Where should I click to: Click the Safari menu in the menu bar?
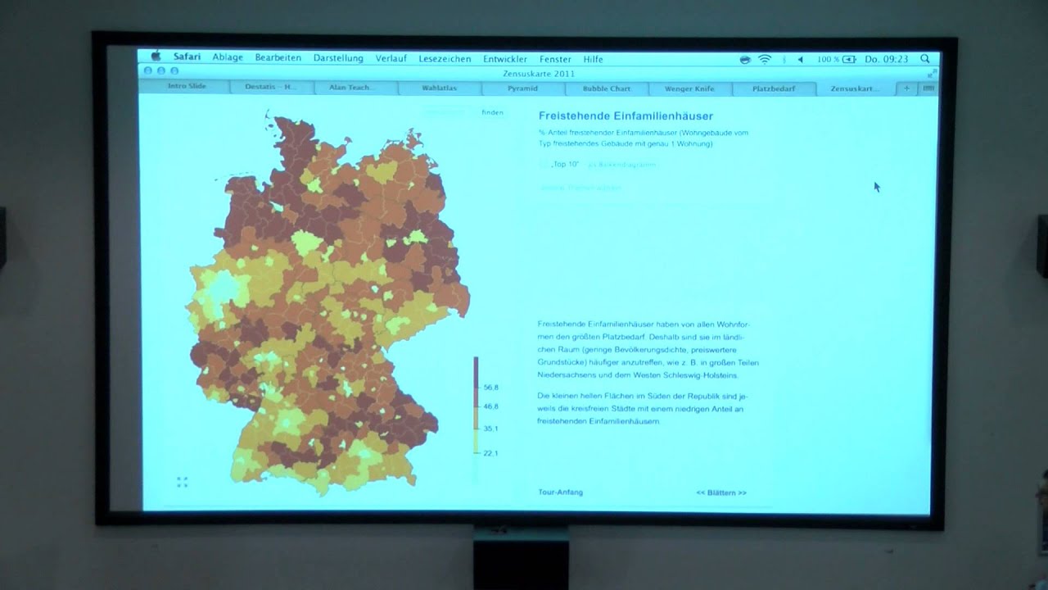coord(187,58)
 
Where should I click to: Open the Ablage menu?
coord(228,58)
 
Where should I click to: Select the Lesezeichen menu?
coord(445,59)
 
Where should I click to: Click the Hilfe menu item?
coord(593,59)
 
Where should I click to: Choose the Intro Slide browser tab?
coord(187,87)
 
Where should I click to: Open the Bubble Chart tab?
coord(607,88)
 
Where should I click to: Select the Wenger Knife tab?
coord(689,88)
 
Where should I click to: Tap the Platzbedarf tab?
coord(773,88)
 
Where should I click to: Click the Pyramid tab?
coord(522,88)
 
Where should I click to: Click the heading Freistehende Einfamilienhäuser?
coord(626,116)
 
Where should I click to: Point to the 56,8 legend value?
coord(491,387)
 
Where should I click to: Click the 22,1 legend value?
coord(491,453)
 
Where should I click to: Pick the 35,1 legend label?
coord(491,429)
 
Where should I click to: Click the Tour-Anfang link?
coord(560,492)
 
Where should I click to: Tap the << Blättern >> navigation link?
coord(721,493)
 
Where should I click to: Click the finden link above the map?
coord(492,112)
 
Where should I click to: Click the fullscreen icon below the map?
coord(183,482)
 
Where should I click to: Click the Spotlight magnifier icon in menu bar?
coord(924,59)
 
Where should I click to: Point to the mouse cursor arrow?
coord(876,187)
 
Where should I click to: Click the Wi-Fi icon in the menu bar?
coord(765,59)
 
